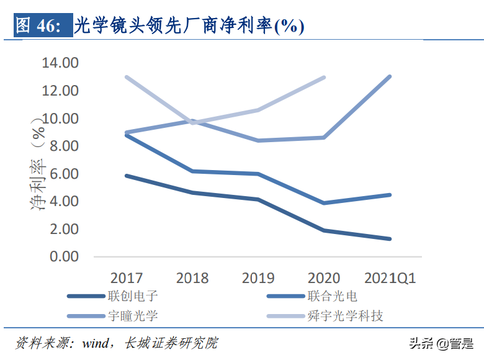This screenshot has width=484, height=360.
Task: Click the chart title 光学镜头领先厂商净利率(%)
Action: click(189, 25)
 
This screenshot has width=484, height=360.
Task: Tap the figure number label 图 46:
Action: click(38, 25)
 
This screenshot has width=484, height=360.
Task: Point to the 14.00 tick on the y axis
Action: click(60, 63)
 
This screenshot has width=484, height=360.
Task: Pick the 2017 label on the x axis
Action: click(127, 277)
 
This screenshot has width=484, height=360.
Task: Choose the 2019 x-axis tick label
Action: click(258, 277)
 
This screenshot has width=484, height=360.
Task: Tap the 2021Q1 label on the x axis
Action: click(390, 277)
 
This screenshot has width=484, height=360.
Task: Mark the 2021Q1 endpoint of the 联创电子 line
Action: click(390, 238)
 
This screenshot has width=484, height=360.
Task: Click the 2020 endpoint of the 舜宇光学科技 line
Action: click(324, 78)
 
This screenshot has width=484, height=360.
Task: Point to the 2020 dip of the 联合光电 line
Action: click(324, 203)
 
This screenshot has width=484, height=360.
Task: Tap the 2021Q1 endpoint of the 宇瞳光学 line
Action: click(390, 76)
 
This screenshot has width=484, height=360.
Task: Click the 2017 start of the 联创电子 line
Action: click(127, 176)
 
